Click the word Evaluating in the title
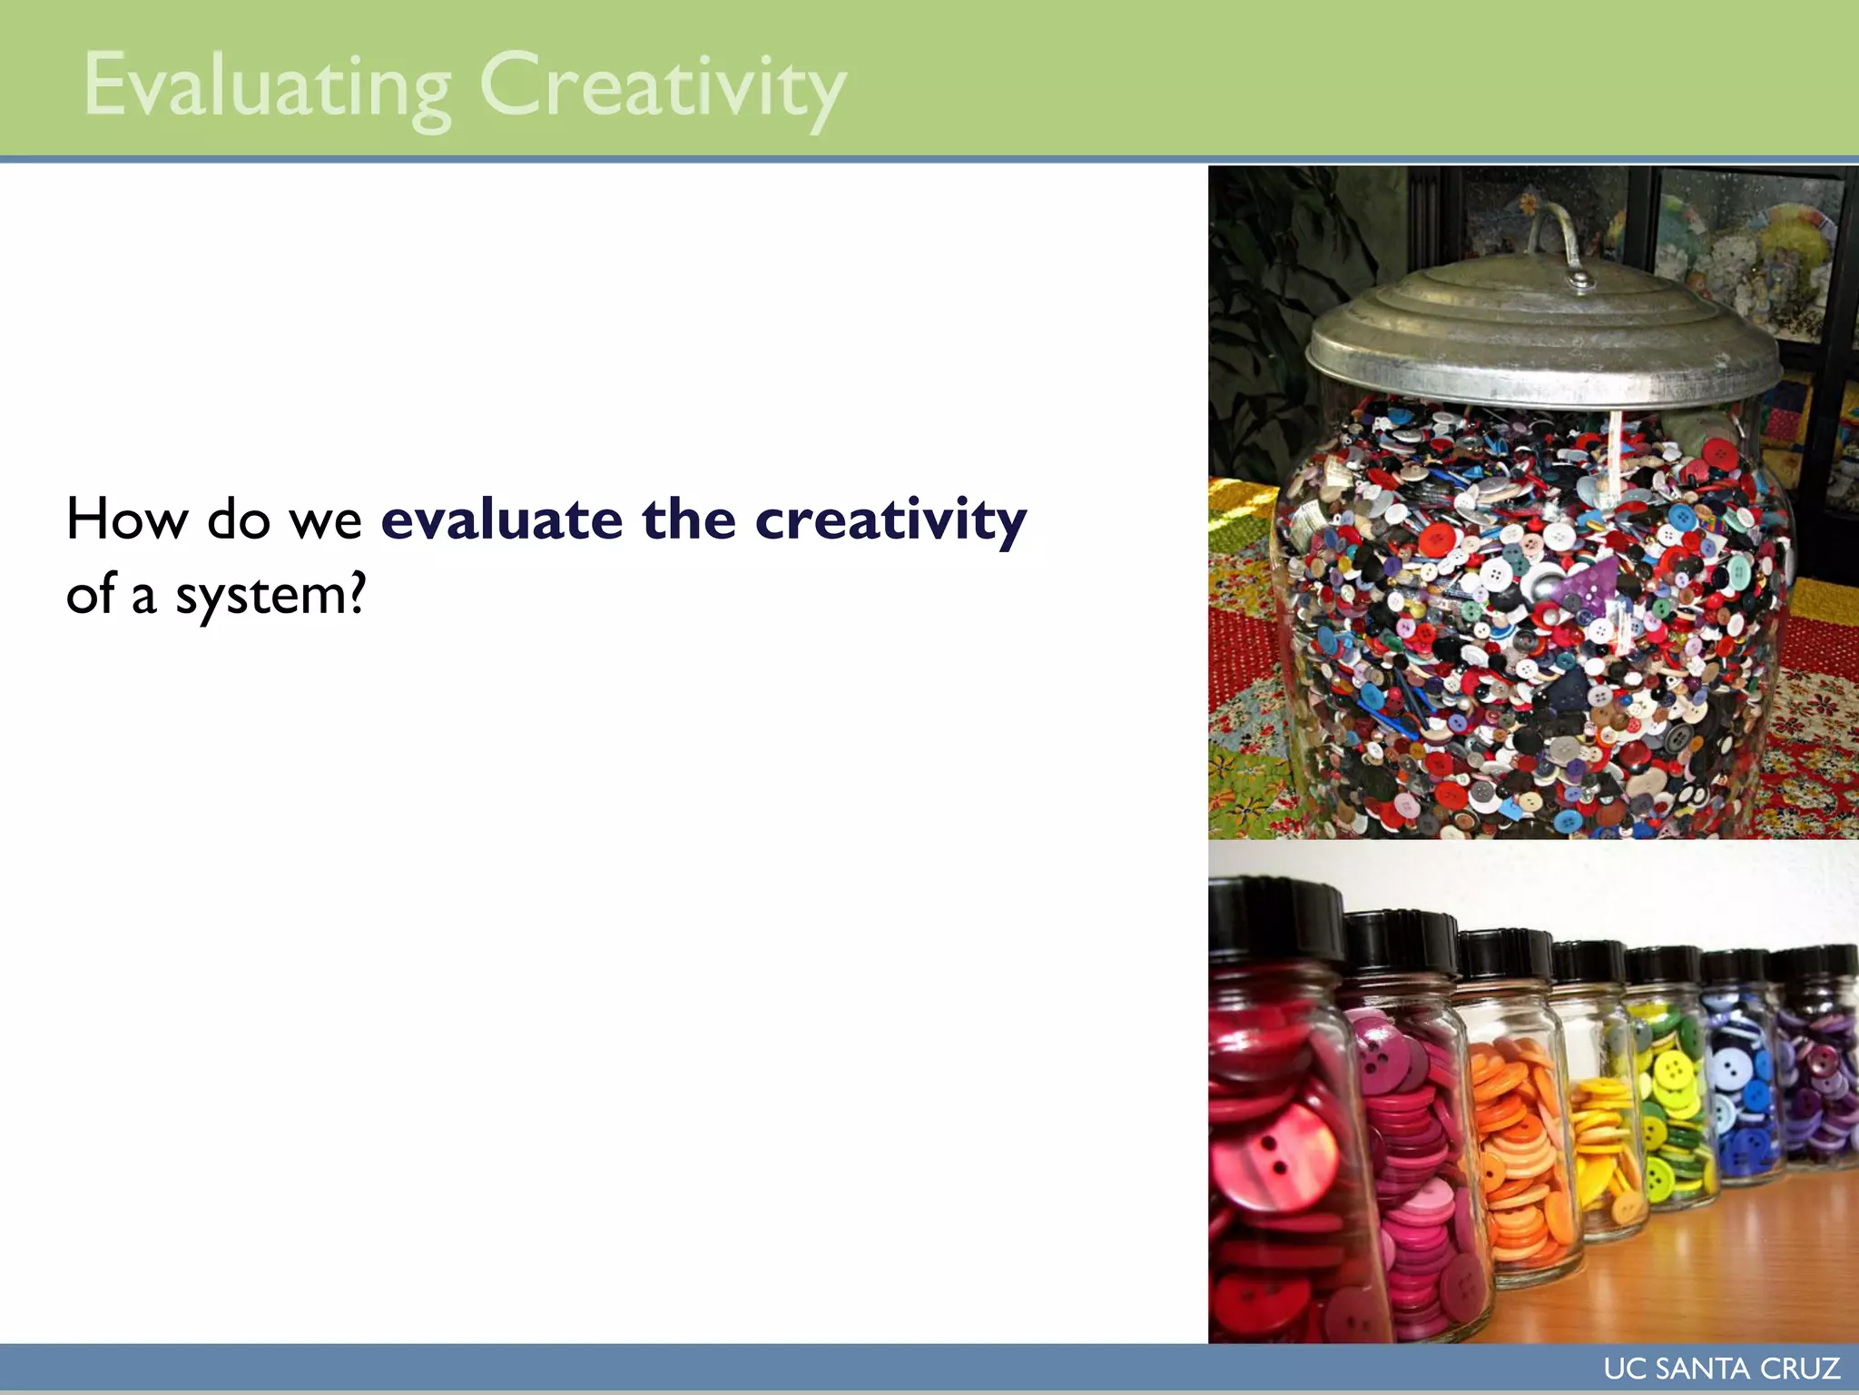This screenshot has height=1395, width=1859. click(267, 87)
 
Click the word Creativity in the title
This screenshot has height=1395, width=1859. click(663, 87)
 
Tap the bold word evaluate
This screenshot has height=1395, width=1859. click(501, 519)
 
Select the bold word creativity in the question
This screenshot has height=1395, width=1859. click(890, 519)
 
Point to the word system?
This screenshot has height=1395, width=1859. click(270, 596)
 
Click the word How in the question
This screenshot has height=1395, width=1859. click(126, 519)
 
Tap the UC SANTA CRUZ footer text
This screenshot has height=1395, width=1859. click(1721, 1369)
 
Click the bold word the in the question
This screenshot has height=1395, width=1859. click(688, 519)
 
